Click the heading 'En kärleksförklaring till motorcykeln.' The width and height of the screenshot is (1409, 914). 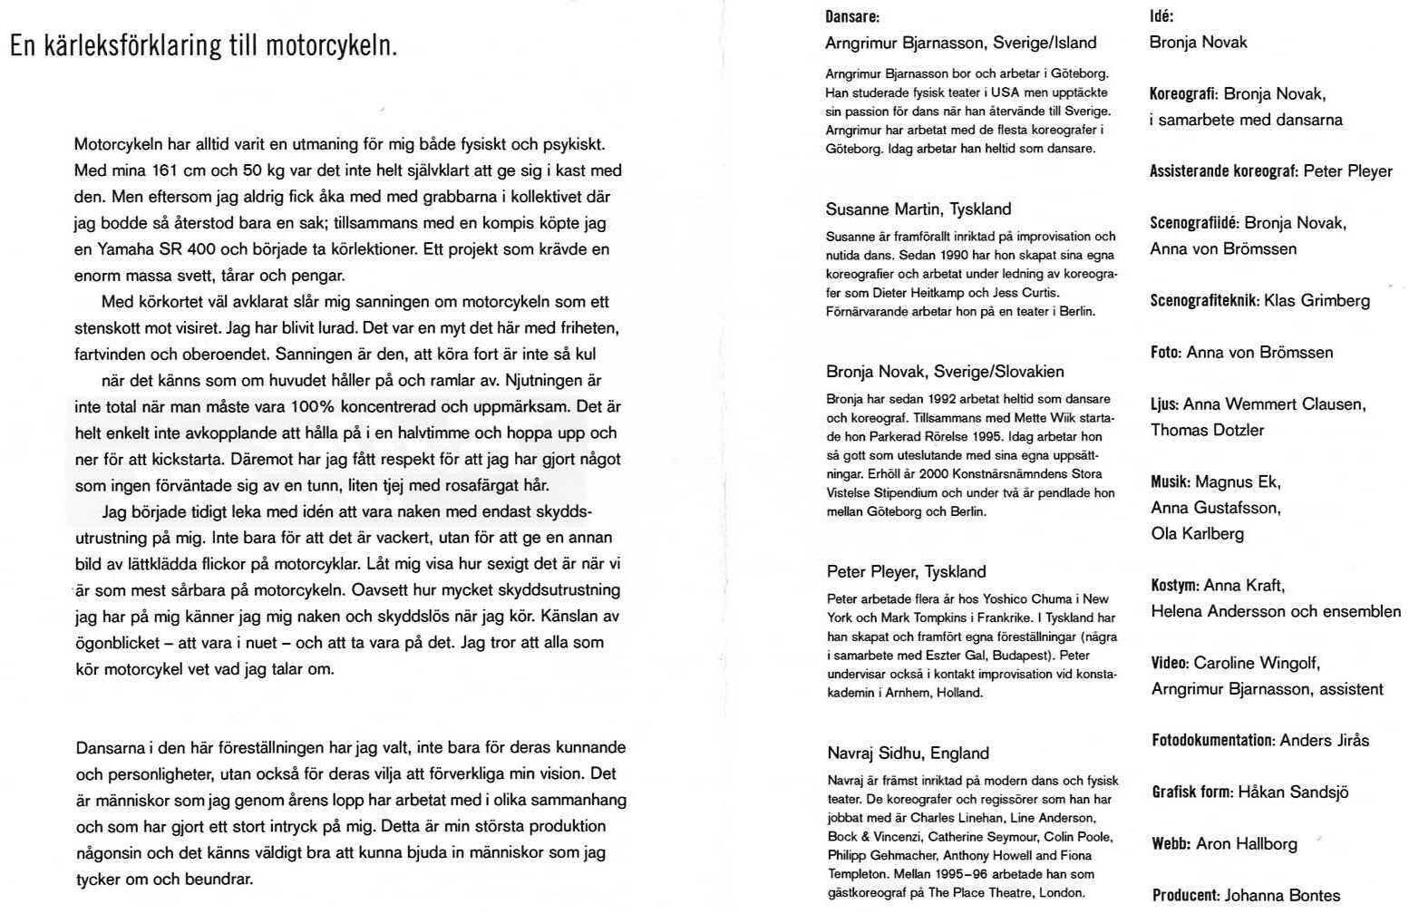(203, 45)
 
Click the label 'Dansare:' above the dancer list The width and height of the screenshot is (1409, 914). (851, 16)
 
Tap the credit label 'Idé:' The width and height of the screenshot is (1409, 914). (1161, 16)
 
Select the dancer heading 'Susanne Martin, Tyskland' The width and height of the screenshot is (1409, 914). (918, 209)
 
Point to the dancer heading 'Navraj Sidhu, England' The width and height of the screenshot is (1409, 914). (908, 753)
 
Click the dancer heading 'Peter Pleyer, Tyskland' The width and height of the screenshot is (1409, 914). (906, 571)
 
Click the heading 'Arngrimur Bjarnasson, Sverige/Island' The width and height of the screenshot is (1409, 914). (960, 43)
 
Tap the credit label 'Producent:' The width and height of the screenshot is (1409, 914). (1186, 896)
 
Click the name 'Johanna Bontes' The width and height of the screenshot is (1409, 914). (1282, 896)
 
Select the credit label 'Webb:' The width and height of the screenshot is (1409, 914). (1171, 844)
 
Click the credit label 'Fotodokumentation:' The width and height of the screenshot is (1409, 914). (1213, 741)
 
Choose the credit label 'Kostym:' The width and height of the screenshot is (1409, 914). (1174, 586)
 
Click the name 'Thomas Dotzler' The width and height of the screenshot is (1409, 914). (1207, 431)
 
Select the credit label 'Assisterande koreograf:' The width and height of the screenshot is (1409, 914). (1223, 171)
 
